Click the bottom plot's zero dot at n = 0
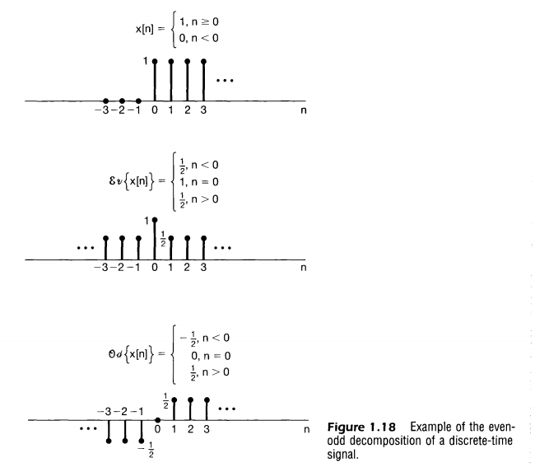point(157,421)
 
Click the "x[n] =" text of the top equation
point(151,28)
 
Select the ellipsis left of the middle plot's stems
point(86,248)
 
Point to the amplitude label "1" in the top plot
point(146,61)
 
